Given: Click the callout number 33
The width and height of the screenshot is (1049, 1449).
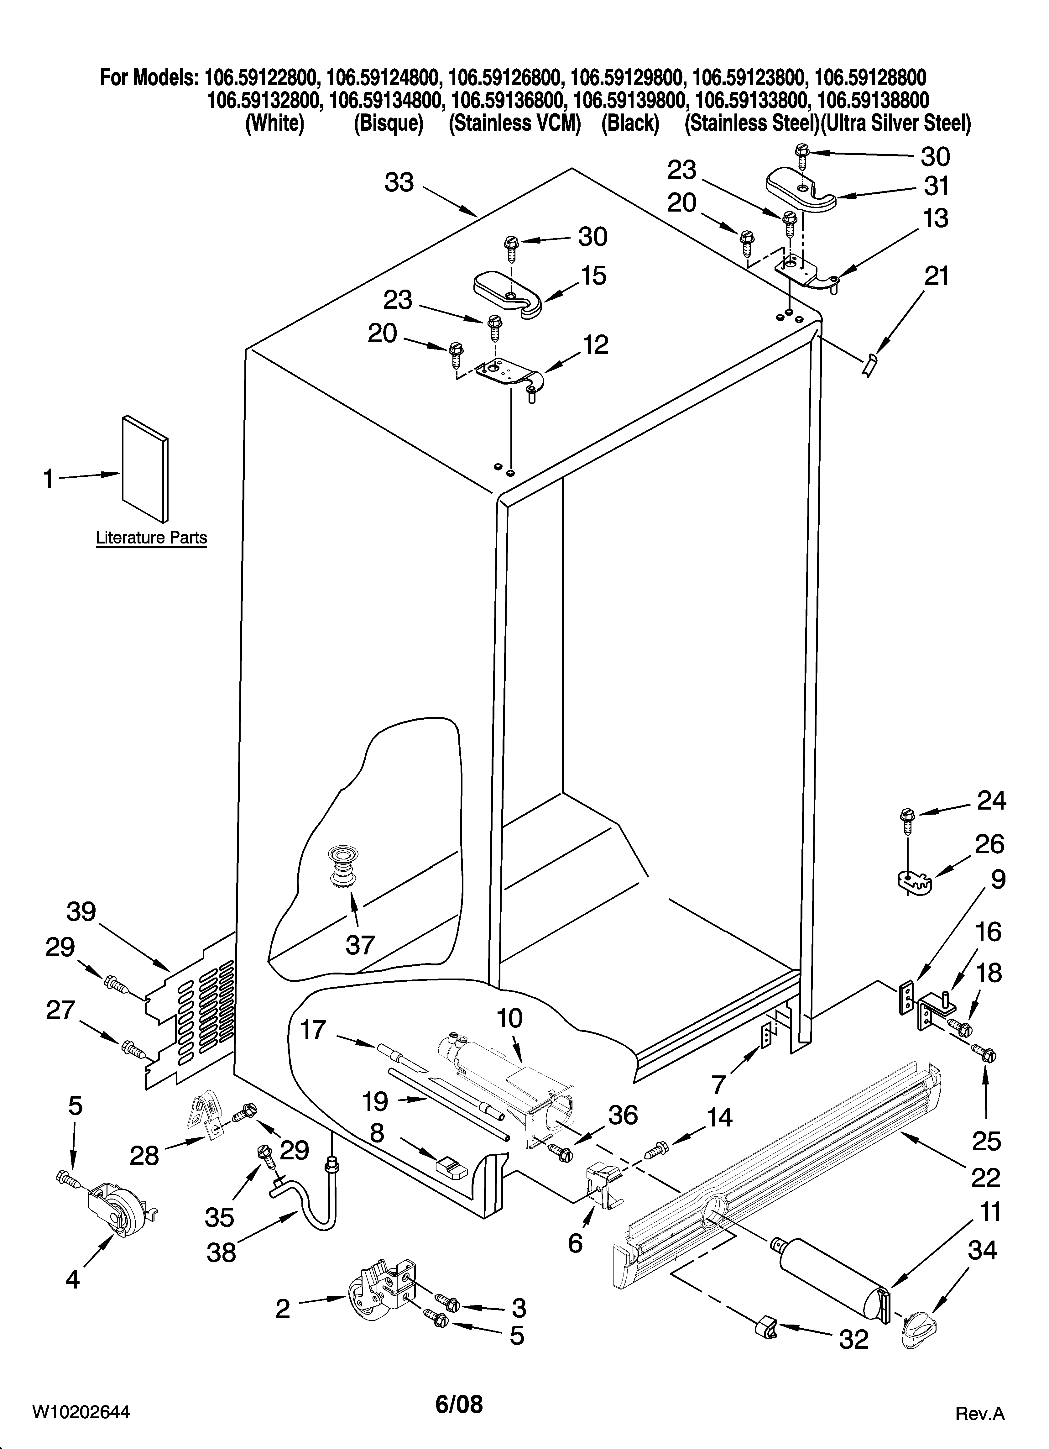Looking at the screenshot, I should (x=399, y=183).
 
